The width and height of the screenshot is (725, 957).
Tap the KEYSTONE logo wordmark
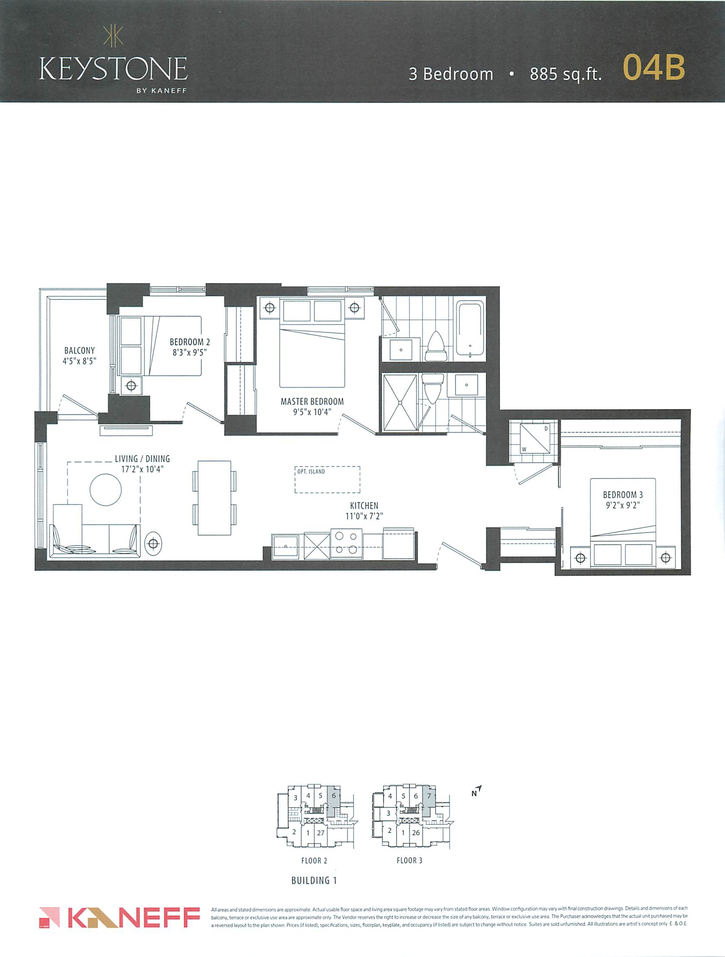(x=113, y=69)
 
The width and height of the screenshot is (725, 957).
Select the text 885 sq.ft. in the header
(x=566, y=74)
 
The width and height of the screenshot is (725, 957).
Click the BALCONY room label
(x=79, y=351)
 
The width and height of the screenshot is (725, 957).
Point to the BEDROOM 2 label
(x=190, y=342)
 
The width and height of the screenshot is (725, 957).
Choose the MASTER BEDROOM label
(x=312, y=402)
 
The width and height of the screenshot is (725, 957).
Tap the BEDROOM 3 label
(x=623, y=494)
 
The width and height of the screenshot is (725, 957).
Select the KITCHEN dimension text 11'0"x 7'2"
(x=364, y=516)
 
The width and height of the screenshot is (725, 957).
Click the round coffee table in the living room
(x=105, y=490)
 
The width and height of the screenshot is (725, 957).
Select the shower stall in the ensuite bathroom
(x=401, y=403)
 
